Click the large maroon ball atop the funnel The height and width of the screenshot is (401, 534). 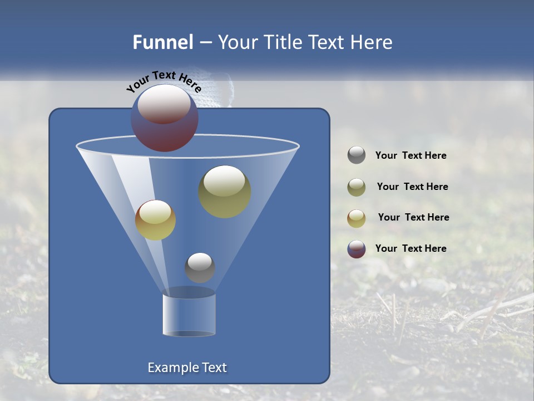[x=165, y=118]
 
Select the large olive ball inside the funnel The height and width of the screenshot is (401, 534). [x=225, y=192]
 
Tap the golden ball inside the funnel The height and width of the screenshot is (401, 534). [x=155, y=220]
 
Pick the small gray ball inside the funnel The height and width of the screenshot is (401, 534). [x=200, y=267]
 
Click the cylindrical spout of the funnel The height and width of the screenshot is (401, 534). [x=189, y=315]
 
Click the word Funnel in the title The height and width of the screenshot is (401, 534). [x=163, y=42]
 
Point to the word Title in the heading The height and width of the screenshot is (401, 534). [x=283, y=42]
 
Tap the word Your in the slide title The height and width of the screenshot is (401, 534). [x=238, y=42]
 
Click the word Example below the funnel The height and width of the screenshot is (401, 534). [x=172, y=368]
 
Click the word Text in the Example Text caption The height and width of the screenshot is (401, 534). [x=213, y=368]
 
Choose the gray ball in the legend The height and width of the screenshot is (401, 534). [x=357, y=155]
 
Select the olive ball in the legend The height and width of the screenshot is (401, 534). [x=357, y=187]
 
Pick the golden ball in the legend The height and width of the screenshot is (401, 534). [x=357, y=218]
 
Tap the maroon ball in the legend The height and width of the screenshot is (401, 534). [x=357, y=249]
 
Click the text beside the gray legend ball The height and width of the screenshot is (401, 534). [x=411, y=155]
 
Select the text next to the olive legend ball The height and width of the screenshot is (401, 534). [x=412, y=187]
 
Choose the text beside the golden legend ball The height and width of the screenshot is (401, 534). [x=413, y=217]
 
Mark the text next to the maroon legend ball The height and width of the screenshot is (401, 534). [x=411, y=248]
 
